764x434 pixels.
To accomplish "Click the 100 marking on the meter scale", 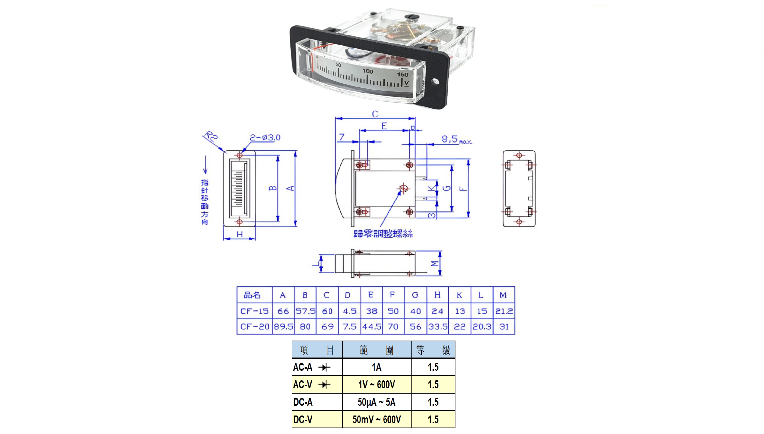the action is [368, 71].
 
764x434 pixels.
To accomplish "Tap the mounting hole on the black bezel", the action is [435, 81].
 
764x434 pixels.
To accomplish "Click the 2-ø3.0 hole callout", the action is [265, 137].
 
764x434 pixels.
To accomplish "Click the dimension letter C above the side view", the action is [375, 114].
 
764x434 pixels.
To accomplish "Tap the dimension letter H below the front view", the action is [239, 235].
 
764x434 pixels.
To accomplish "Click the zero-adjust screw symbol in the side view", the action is [404, 188].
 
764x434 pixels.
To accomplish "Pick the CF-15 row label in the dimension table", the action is [254, 311].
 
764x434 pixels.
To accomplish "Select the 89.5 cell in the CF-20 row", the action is [283, 327].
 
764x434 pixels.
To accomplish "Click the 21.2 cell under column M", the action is [504, 311].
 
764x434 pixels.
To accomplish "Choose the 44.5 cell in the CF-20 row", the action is [372, 327].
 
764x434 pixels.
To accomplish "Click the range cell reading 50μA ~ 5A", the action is [377, 402].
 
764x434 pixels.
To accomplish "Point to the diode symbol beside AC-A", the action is [324, 367].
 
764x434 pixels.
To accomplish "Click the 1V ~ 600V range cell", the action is [377, 385].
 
